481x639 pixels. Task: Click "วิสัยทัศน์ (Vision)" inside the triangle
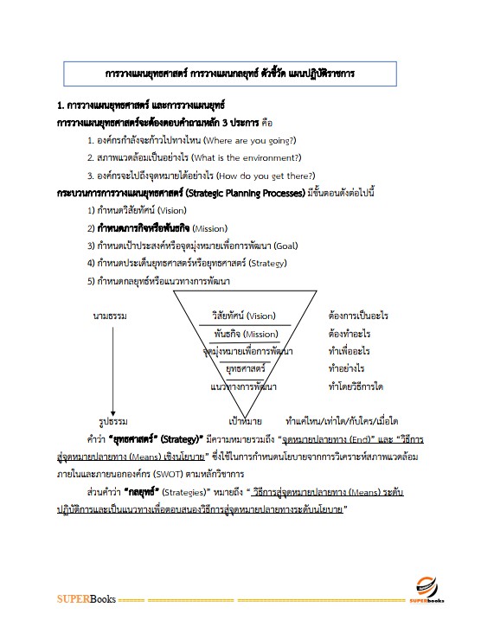coord(244,316)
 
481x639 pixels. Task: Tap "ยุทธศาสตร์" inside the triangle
coord(245,368)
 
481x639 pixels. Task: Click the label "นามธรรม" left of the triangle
coord(110,316)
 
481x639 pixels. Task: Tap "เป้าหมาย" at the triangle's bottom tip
coord(246,421)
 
